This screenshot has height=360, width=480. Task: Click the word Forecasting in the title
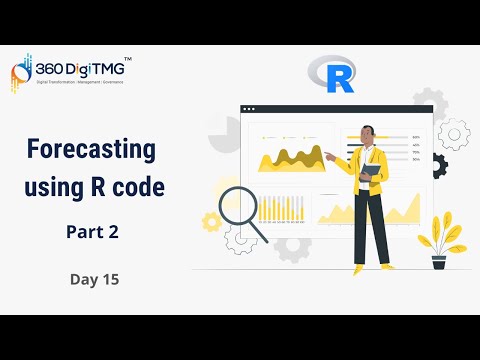[91, 151]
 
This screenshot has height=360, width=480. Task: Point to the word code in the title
[138, 186]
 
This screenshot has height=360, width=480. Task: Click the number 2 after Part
[114, 232]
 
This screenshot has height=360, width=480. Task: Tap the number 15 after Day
[110, 280]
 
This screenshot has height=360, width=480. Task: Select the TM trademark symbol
[127, 60]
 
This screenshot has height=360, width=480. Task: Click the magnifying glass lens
[238, 208]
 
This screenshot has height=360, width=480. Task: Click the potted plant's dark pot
[439, 262]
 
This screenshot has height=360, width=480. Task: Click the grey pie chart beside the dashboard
[223, 134]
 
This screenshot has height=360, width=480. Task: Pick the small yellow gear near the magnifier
[211, 221]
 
